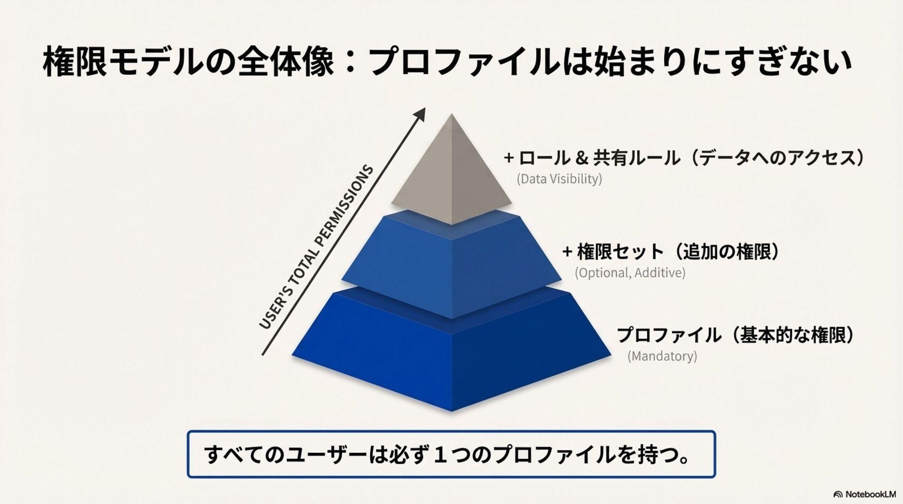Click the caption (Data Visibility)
[x=559, y=179]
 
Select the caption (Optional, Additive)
[x=630, y=273]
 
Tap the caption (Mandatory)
[x=662, y=356]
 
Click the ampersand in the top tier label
[x=581, y=158]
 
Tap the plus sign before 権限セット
[x=568, y=252]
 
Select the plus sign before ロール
[x=508, y=158]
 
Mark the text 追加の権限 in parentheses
[x=727, y=252]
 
